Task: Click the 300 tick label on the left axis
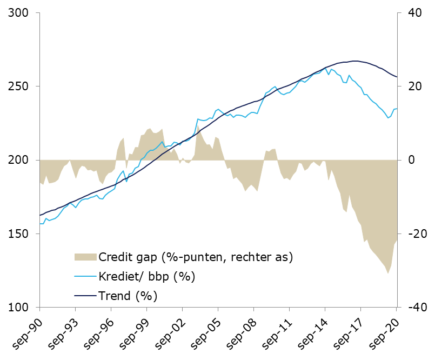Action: tap(18, 13)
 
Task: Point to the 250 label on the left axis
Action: tap(18, 86)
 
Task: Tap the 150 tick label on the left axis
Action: tap(18, 234)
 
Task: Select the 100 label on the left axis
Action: tap(18, 307)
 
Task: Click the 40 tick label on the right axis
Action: tap(415, 13)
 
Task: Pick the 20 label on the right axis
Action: tap(415, 86)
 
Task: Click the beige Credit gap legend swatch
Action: tap(85, 257)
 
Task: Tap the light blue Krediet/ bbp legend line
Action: tap(85, 276)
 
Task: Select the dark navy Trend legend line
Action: tap(85, 296)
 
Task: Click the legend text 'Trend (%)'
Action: tap(128, 296)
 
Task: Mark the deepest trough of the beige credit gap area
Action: tap(388, 274)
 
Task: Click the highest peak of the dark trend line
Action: tap(355, 61)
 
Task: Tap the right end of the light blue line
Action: tap(397, 109)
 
